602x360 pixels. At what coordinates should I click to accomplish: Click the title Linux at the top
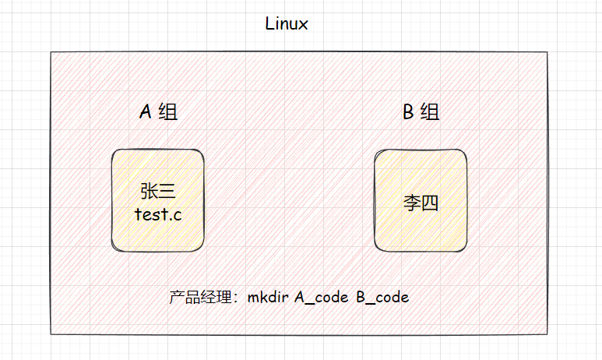[x=287, y=23]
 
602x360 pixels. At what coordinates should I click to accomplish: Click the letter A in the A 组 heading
[x=145, y=112]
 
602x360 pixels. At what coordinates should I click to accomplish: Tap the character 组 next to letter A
[x=167, y=112]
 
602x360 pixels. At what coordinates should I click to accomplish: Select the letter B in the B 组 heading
[x=407, y=112]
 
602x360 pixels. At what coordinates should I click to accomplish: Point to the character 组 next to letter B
[x=430, y=112]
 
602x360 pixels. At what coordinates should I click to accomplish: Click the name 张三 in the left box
[x=160, y=191]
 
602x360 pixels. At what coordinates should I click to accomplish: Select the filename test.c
[x=158, y=214]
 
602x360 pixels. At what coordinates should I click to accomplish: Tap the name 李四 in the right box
[x=421, y=203]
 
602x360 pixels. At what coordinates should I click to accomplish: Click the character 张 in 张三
[x=150, y=191]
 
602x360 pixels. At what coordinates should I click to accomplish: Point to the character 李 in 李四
[x=411, y=203]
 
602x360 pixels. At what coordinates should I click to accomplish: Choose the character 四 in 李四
[x=430, y=203]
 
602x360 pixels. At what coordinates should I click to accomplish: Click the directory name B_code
[x=382, y=298]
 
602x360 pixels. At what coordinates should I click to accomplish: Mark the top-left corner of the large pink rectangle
[x=51, y=53]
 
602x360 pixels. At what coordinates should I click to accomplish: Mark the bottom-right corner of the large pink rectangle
[x=547, y=334]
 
